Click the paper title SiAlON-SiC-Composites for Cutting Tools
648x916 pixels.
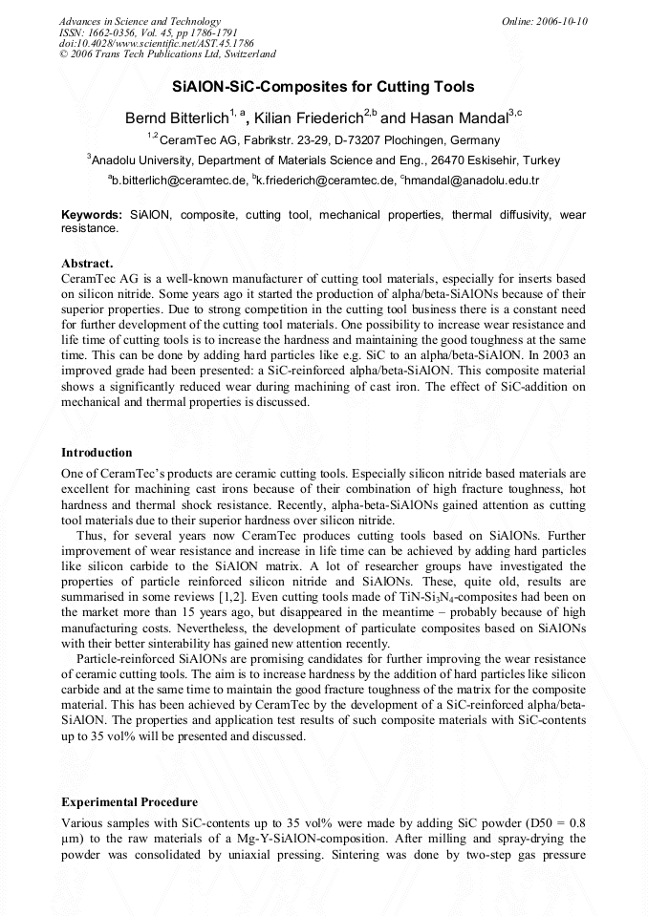(x=323, y=87)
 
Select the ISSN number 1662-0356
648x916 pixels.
(x=108, y=32)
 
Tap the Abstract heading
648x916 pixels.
(x=87, y=263)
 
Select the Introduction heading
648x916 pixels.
(x=97, y=452)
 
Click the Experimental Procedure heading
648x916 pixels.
(x=129, y=801)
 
